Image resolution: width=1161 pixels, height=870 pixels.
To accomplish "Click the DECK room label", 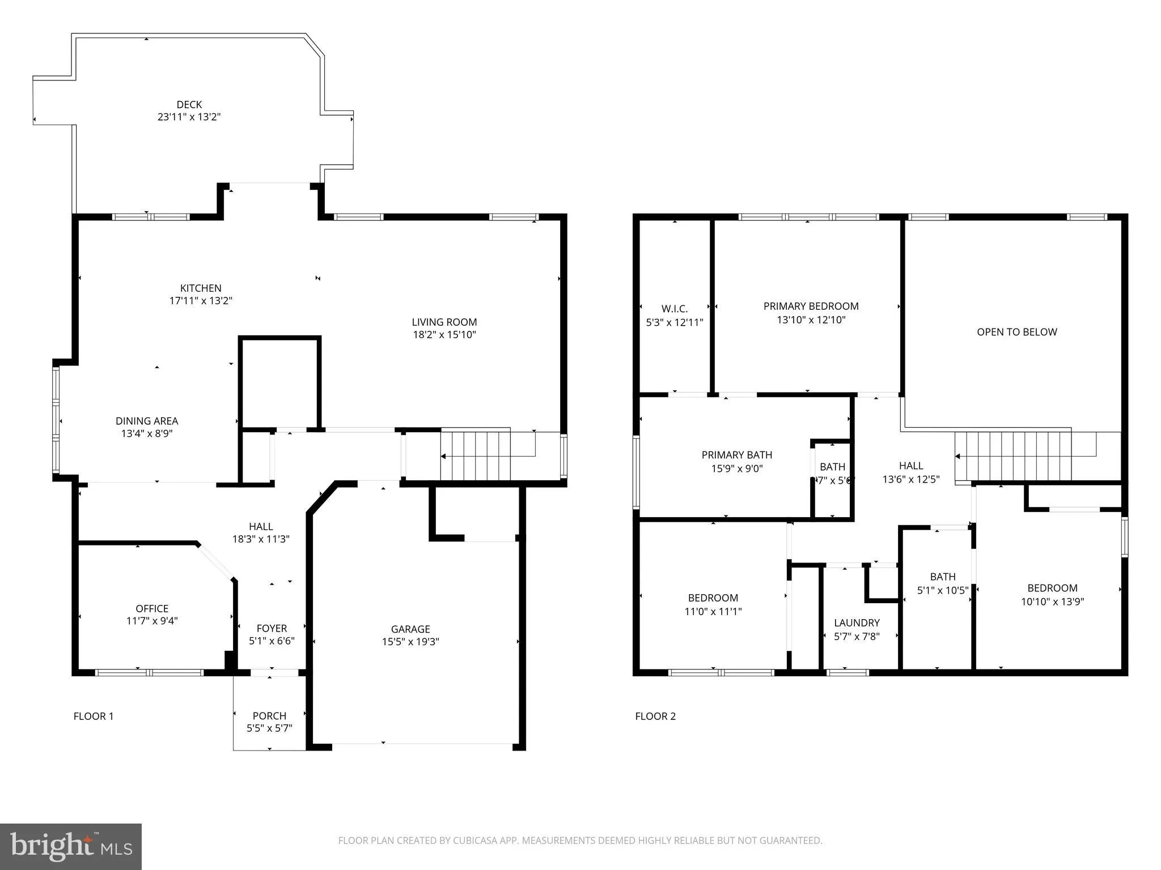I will [189, 105].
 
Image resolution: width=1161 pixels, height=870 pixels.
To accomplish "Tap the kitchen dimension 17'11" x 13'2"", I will [201, 301].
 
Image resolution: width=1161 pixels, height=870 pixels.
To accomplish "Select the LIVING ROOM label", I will [444, 322].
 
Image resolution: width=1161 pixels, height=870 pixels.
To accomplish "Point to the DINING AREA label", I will [147, 421].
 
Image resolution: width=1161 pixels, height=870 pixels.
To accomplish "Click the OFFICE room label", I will [152, 608].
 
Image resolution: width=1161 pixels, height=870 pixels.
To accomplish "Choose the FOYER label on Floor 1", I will [272, 628].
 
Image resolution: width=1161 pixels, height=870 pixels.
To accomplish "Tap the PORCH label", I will [269, 715].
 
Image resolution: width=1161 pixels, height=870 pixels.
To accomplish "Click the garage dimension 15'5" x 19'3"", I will [410, 642].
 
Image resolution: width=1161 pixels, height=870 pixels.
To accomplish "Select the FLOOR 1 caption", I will [94, 716].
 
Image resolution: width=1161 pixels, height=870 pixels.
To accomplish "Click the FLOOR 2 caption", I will [655, 716].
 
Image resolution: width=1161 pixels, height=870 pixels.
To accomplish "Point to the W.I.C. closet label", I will [675, 309].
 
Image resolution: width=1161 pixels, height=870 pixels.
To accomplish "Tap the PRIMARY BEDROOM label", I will [811, 306].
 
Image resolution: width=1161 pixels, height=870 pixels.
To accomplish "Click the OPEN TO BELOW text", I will [1016, 332].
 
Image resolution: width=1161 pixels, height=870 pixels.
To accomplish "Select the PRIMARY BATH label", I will [736, 455].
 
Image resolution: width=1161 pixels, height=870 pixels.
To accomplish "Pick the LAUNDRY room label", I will [857, 623].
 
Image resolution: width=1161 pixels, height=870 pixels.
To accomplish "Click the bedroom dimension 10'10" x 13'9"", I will [1052, 602].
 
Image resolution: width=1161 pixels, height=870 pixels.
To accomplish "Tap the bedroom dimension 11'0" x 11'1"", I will [713, 612].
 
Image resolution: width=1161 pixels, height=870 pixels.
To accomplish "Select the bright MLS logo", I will [71, 847].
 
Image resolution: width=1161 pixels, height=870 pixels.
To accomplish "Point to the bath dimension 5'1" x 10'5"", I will [943, 590].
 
